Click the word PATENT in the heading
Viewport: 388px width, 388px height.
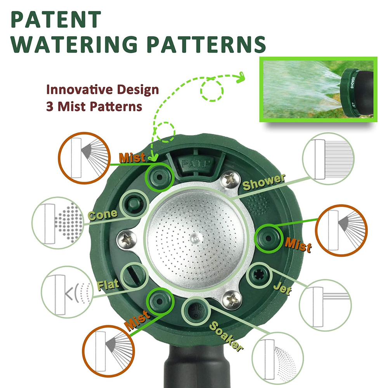(x=56, y=19)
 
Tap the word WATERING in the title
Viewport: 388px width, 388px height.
(x=74, y=44)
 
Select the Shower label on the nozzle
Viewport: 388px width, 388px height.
(x=264, y=182)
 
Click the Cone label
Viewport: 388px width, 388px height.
(x=103, y=215)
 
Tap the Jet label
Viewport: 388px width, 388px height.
(x=282, y=289)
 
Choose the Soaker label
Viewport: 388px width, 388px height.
(x=226, y=336)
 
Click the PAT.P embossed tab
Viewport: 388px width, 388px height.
(x=196, y=164)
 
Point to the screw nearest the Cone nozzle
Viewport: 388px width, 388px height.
(x=127, y=239)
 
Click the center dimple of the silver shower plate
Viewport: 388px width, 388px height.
(x=196, y=239)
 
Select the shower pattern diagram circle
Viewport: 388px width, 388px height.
(x=328, y=159)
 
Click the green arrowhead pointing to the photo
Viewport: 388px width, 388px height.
(x=241, y=77)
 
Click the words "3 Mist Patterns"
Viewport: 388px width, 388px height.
(x=94, y=106)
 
